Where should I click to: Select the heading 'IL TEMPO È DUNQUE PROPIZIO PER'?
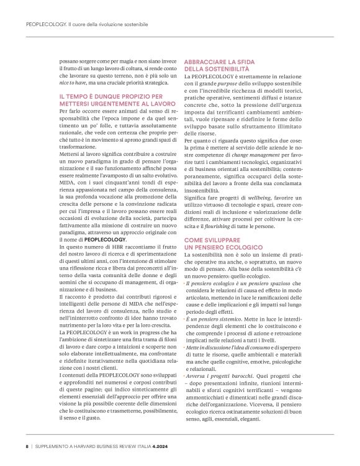click(x=110, y=96)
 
